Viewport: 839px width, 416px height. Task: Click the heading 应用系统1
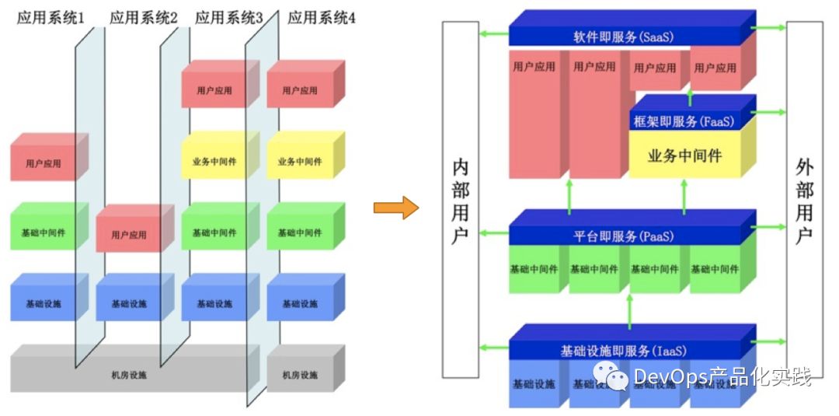tap(50, 17)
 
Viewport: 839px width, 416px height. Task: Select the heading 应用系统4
tap(322, 17)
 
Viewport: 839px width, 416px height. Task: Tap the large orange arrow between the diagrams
tap(395, 208)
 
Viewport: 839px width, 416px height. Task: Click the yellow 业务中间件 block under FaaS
tap(684, 156)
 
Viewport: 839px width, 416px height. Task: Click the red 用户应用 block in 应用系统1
tap(44, 164)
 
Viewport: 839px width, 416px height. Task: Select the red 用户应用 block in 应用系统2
tap(129, 234)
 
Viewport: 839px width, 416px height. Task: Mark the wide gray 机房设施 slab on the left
tap(129, 376)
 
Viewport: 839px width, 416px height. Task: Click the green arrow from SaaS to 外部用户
tap(771, 28)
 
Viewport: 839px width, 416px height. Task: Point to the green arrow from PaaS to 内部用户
tap(494, 231)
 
